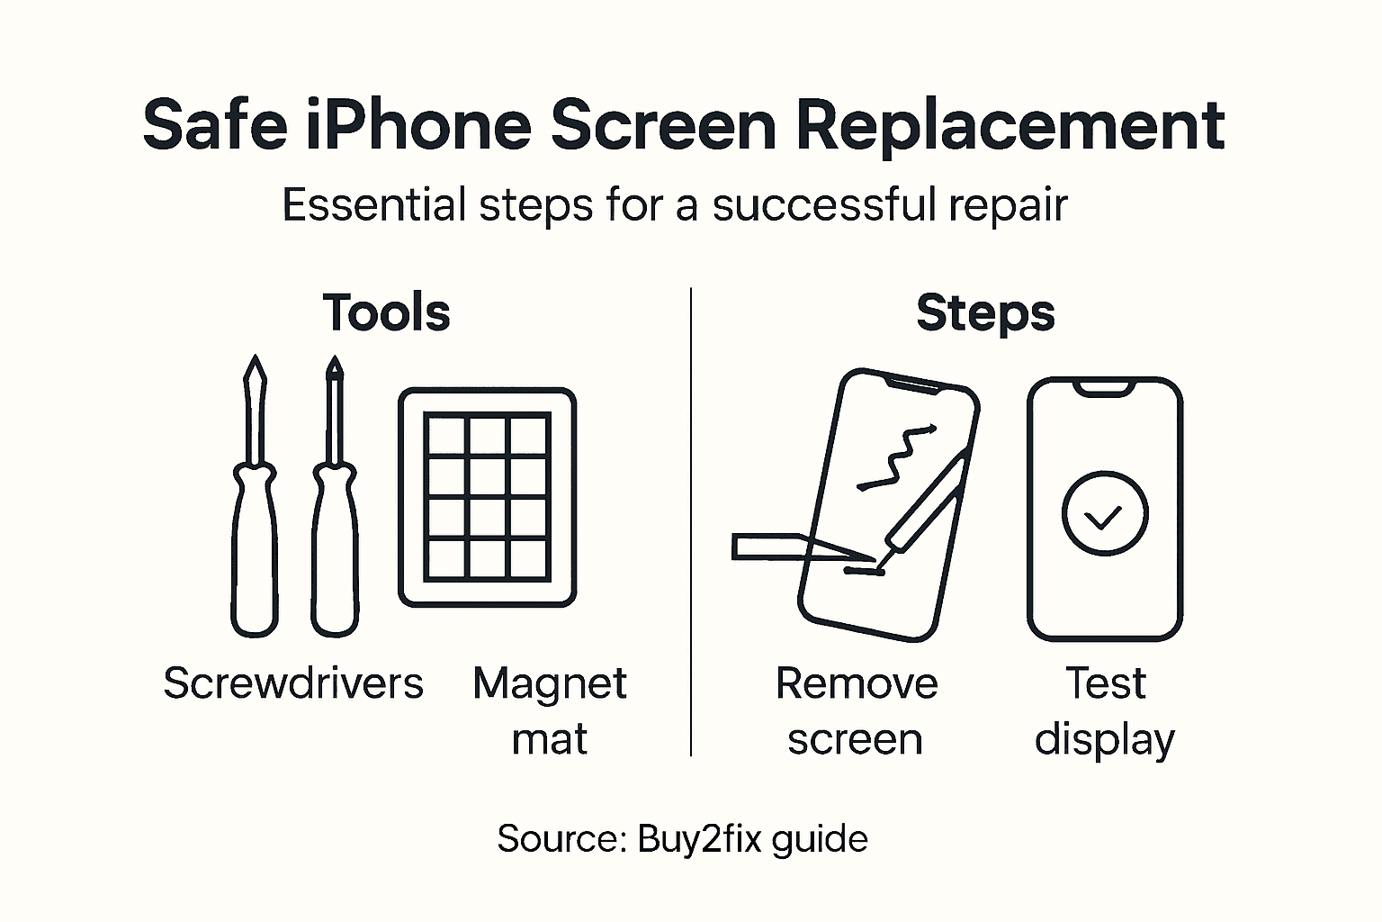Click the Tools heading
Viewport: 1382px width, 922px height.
386,313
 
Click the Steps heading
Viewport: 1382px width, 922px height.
985,313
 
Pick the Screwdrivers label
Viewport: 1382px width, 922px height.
292,683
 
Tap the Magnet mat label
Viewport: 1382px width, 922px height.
549,711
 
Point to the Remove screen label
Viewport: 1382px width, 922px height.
856,711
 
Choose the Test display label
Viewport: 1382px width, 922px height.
1105,711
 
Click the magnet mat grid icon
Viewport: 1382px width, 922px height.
487,497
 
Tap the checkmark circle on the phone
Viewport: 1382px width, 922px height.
1104,514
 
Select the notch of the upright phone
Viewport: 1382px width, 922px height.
1105,387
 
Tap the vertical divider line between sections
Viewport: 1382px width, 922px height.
690,522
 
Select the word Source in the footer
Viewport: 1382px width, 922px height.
559,839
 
